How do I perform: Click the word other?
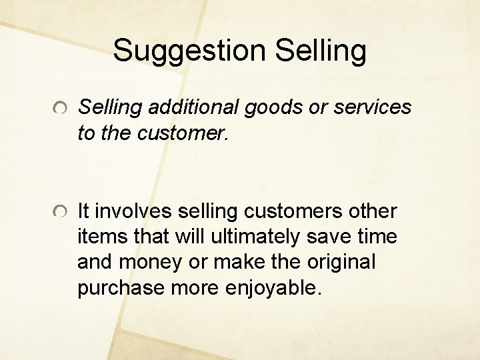[373, 212]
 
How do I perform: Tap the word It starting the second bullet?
[84, 212]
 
